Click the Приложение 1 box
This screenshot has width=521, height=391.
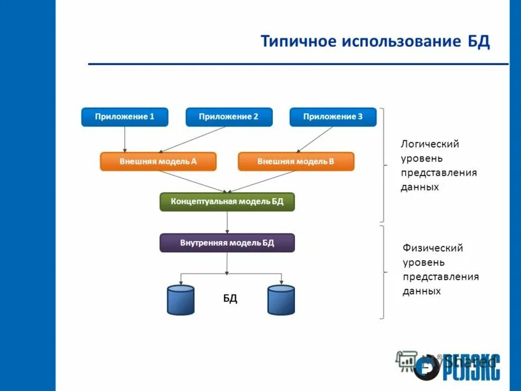click(x=124, y=117)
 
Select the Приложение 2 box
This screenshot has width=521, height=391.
click(x=229, y=117)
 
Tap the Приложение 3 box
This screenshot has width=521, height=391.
click(x=333, y=117)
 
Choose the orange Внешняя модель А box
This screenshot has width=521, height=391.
click(x=158, y=161)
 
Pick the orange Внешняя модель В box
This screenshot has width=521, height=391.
click(x=296, y=161)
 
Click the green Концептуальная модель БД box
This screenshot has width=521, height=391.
click(x=227, y=202)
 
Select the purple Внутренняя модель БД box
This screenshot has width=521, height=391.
click(x=227, y=243)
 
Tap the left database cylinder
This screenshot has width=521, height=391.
click(x=180, y=300)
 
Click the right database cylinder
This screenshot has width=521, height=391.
click(x=281, y=300)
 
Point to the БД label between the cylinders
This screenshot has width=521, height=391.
click(x=230, y=298)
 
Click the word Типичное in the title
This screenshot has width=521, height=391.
click(x=299, y=42)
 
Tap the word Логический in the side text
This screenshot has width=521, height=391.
click(x=430, y=144)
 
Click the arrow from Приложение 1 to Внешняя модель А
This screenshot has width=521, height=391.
click(x=124, y=139)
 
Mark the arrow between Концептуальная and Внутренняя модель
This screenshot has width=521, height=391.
click(x=227, y=222)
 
